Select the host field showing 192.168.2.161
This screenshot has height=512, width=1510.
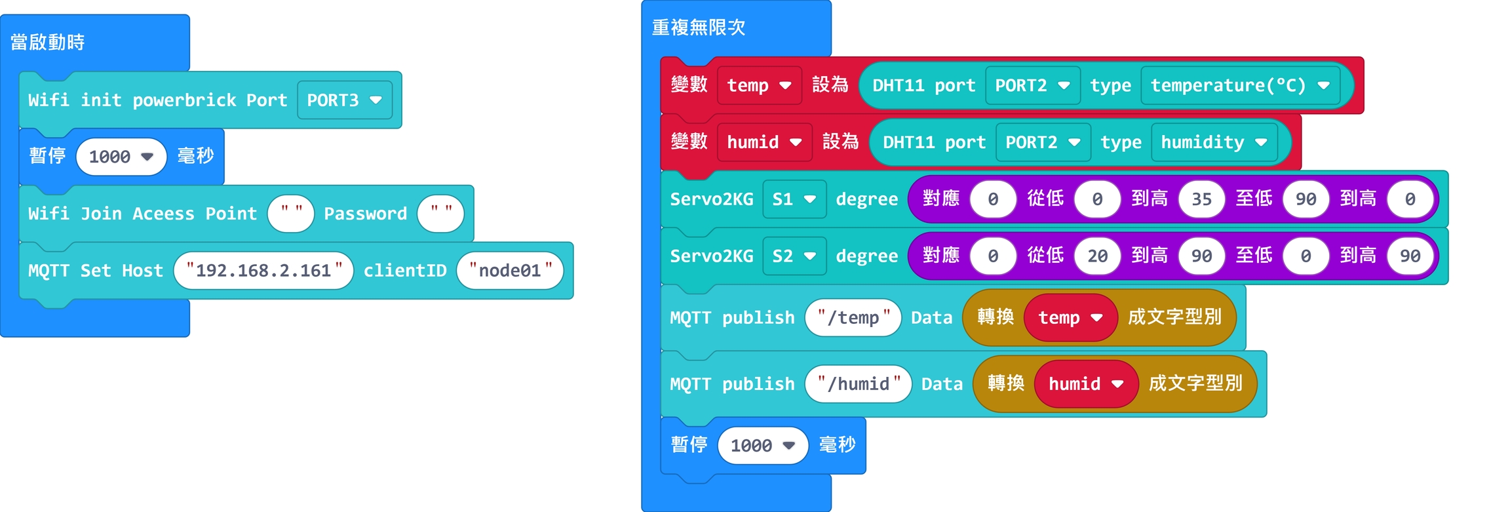click(x=263, y=270)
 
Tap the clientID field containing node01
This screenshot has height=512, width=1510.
click(x=510, y=270)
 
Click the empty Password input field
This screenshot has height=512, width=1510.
click(x=440, y=213)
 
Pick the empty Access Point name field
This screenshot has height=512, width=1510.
click(x=290, y=213)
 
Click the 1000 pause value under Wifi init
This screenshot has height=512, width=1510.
click(x=121, y=157)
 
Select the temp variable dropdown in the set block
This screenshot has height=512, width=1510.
click(x=759, y=85)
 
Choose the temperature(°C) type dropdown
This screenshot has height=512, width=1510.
click(x=1239, y=85)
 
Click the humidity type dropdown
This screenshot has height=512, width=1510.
click(x=1213, y=142)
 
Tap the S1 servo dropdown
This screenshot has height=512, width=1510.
click(x=794, y=199)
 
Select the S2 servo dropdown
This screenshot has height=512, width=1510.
click(x=794, y=256)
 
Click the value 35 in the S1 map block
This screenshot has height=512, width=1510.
click(x=1201, y=199)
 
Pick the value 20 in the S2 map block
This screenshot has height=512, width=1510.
click(x=1097, y=256)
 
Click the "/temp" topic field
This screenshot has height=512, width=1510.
click(x=853, y=318)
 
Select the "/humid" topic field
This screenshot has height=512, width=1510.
click(x=858, y=384)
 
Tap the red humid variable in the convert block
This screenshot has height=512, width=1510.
click(x=1085, y=384)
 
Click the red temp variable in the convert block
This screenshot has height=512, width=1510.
click(x=1070, y=318)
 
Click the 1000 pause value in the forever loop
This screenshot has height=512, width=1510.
click(x=762, y=446)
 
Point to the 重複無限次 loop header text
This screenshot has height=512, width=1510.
click(x=699, y=28)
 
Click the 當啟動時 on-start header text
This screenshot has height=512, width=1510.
click(x=47, y=43)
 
